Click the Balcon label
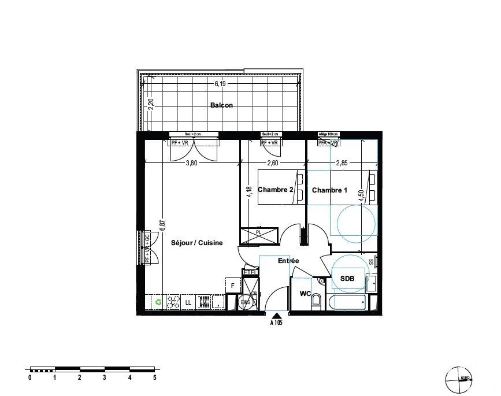pyautogui.click(x=221, y=106)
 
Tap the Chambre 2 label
pyautogui.click(x=276, y=190)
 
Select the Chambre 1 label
pyautogui.click(x=329, y=190)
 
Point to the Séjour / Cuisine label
pyautogui.click(x=196, y=243)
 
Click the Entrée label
pyautogui.click(x=288, y=261)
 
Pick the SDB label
pyautogui.click(x=347, y=279)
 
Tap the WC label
pyautogui.click(x=305, y=294)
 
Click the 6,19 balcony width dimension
pyautogui.click(x=220, y=84)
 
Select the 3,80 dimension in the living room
pyautogui.click(x=191, y=163)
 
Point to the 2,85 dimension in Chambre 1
pyautogui.click(x=343, y=163)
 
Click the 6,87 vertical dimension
pyautogui.click(x=163, y=221)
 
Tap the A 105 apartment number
pyautogui.click(x=277, y=323)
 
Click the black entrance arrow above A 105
pyautogui.click(x=277, y=315)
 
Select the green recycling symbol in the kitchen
pyautogui.click(x=158, y=301)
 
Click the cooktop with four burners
pyautogui.click(x=173, y=301)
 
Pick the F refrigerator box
pyautogui.click(x=232, y=285)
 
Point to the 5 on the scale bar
pyautogui.click(x=154, y=378)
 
